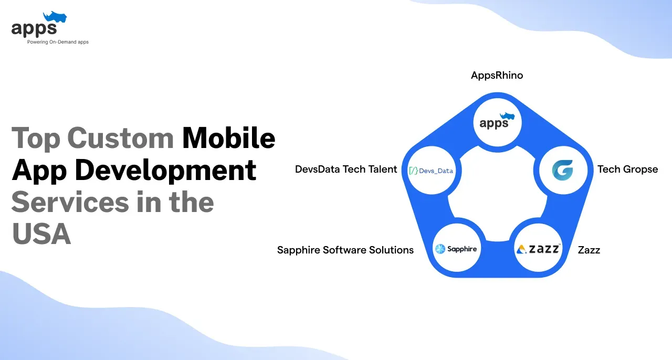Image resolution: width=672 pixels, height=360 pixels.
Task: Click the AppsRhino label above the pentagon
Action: click(x=497, y=76)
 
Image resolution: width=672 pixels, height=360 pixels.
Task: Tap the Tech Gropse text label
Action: click(x=627, y=169)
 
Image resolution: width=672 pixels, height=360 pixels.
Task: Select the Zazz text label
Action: click(x=589, y=250)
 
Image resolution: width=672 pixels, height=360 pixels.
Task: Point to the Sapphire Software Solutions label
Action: click(x=345, y=250)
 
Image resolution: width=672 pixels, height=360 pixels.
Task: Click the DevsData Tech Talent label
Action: click(x=346, y=169)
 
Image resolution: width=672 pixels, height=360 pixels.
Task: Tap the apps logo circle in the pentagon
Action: click(x=497, y=122)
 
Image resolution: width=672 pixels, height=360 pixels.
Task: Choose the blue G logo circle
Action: click(x=562, y=170)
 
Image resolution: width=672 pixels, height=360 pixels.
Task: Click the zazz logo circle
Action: click(x=538, y=249)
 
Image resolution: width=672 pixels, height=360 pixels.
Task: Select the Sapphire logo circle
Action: click(x=456, y=249)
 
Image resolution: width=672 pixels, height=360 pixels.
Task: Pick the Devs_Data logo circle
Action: click(x=431, y=170)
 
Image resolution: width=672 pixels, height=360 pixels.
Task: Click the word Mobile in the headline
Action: click(x=228, y=138)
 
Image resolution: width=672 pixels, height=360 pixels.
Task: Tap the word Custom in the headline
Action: click(x=121, y=138)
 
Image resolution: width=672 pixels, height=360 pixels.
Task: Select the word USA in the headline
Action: click(x=41, y=234)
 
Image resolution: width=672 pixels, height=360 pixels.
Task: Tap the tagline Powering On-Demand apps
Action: click(x=58, y=42)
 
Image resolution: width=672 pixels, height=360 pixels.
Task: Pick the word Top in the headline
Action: click(x=35, y=138)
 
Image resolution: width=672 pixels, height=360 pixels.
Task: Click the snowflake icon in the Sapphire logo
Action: click(x=440, y=249)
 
